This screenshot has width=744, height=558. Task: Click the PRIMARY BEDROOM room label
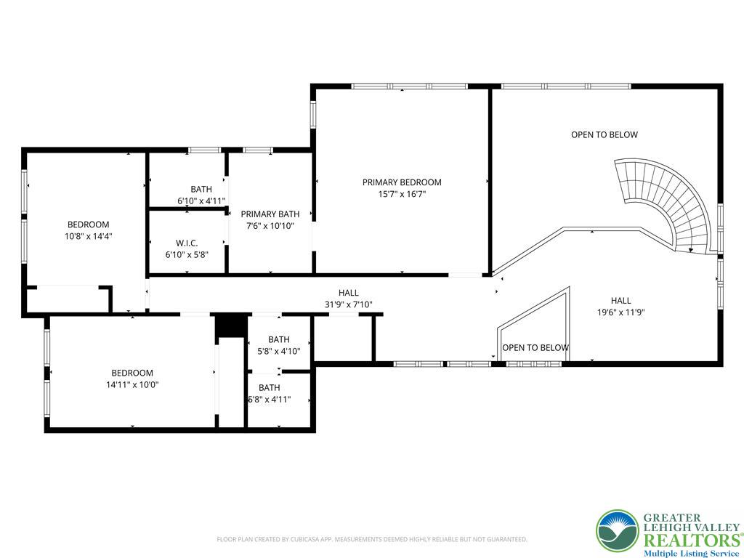(402, 182)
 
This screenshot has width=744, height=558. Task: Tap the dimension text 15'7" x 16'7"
(402, 193)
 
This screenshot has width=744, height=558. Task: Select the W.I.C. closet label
(187, 243)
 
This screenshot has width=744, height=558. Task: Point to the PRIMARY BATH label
(270, 214)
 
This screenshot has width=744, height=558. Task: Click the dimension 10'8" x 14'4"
(88, 236)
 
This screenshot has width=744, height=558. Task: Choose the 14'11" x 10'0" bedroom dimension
(132, 384)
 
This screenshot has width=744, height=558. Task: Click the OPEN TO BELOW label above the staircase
(604, 134)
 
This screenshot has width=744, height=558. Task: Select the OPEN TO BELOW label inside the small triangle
(535, 348)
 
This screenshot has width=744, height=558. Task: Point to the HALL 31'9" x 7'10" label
(348, 299)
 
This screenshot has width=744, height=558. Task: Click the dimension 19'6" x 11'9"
(620, 312)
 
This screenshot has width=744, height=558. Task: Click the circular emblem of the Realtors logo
(618, 531)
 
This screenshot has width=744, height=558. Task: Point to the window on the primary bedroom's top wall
(410, 86)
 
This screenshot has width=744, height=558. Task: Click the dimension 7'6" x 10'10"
(270, 226)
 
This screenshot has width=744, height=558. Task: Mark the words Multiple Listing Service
(691, 554)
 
